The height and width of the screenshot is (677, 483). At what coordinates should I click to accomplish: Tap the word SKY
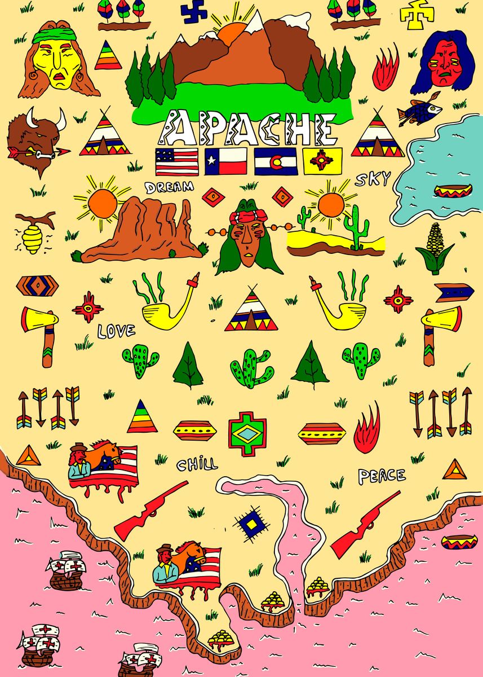[372, 179]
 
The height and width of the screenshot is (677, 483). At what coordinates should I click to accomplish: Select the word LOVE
[116, 330]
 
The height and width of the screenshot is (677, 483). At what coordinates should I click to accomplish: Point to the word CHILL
[197, 465]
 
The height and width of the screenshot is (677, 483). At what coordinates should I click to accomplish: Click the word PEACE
[382, 476]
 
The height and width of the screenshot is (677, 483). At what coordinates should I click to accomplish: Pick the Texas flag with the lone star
[225, 161]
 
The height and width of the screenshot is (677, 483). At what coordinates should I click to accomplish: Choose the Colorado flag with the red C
[276, 161]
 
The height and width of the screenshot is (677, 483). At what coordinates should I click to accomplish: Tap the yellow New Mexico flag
[322, 161]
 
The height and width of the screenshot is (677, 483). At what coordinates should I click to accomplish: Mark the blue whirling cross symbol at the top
[194, 11]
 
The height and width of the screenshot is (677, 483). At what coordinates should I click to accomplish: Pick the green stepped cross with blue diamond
[247, 433]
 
